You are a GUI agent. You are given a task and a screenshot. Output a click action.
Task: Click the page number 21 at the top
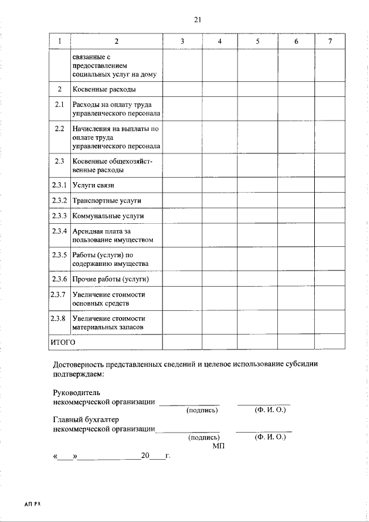click(x=197, y=20)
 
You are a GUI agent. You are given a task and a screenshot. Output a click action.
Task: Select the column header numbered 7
click(x=330, y=42)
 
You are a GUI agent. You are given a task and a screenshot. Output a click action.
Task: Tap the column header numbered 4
click(x=220, y=42)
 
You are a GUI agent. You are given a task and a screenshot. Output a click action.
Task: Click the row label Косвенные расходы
click(x=104, y=89)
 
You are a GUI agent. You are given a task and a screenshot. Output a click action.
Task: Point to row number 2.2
click(x=59, y=128)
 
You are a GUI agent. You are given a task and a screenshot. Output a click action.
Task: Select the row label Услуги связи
click(x=93, y=185)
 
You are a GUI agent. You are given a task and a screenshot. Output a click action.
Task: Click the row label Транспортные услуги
click(x=107, y=201)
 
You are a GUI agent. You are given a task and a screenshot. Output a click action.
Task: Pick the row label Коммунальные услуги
click(x=108, y=216)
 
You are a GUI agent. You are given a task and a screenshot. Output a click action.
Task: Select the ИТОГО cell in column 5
click(x=258, y=341)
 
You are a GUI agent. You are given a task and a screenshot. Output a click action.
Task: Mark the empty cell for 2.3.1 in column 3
click(x=182, y=185)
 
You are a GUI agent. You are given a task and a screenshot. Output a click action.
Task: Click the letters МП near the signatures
click(x=217, y=446)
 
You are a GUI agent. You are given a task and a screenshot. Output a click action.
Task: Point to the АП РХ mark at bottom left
click(x=32, y=504)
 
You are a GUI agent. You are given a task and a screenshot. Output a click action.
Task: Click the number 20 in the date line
click(x=145, y=456)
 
